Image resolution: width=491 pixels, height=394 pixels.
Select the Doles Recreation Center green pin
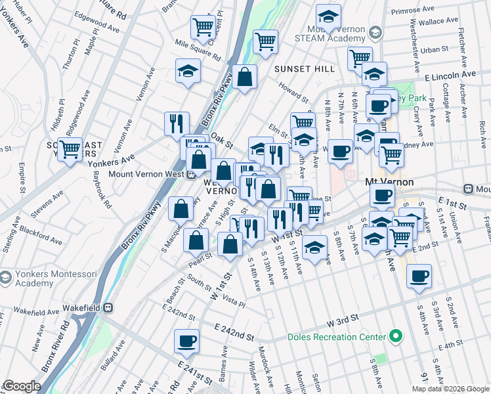click(395, 337)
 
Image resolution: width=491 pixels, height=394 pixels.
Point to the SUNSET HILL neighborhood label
click(295, 68)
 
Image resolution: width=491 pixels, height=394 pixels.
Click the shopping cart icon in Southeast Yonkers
click(70, 149)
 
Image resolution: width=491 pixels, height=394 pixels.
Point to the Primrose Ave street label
click(413, 11)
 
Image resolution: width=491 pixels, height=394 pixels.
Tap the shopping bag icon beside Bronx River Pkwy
click(245, 77)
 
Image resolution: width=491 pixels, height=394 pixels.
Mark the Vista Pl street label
click(233, 301)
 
